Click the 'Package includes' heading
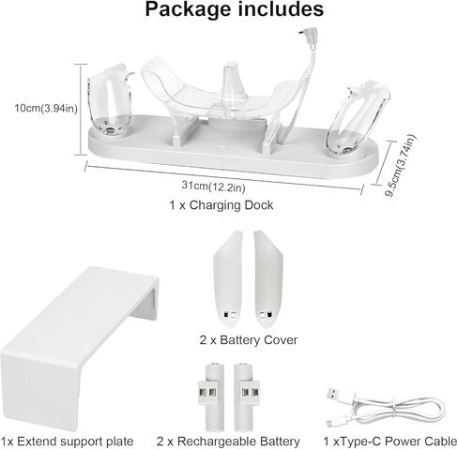click(x=235, y=9)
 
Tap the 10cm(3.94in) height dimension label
click(x=46, y=109)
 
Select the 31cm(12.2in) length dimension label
click(x=213, y=187)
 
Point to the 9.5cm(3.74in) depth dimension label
click(x=400, y=166)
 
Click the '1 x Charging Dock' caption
click(x=221, y=205)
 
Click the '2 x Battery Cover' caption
click(x=249, y=340)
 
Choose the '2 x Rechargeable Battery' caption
click(x=228, y=442)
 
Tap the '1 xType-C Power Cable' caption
click(x=390, y=442)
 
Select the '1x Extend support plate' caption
click(x=67, y=442)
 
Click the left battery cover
click(x=227, y=278)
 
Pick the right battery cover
click(x=268, y=278)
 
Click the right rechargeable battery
click(x=247, y=397)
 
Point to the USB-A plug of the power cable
click(x=338, y=396)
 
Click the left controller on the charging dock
click(x=109, y=100)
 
